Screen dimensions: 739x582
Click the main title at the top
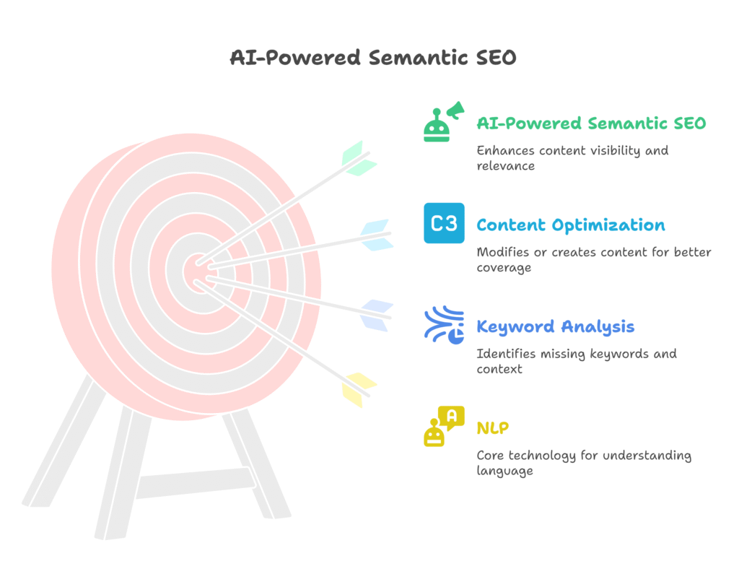click(373, 58)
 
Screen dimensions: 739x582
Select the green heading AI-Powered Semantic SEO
click(591, 123)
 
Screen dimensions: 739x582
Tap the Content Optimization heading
click(571, 225)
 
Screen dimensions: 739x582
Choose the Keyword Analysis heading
click(555, 326)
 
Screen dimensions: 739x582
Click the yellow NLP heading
click(492, 427)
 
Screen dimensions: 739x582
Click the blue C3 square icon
click(444, 223)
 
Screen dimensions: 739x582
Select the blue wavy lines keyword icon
click(444, 325)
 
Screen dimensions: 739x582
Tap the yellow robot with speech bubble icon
click(444, 426)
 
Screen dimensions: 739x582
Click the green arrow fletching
click(359, 159)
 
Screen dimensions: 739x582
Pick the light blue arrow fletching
click(377, 235)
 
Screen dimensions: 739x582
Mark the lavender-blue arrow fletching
click(377, 315)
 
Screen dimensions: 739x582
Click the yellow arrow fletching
click(359, 390)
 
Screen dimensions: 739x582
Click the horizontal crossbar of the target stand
click(196, 482)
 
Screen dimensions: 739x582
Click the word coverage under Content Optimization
click(504, 268)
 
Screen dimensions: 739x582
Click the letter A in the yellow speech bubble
click(452, 416)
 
